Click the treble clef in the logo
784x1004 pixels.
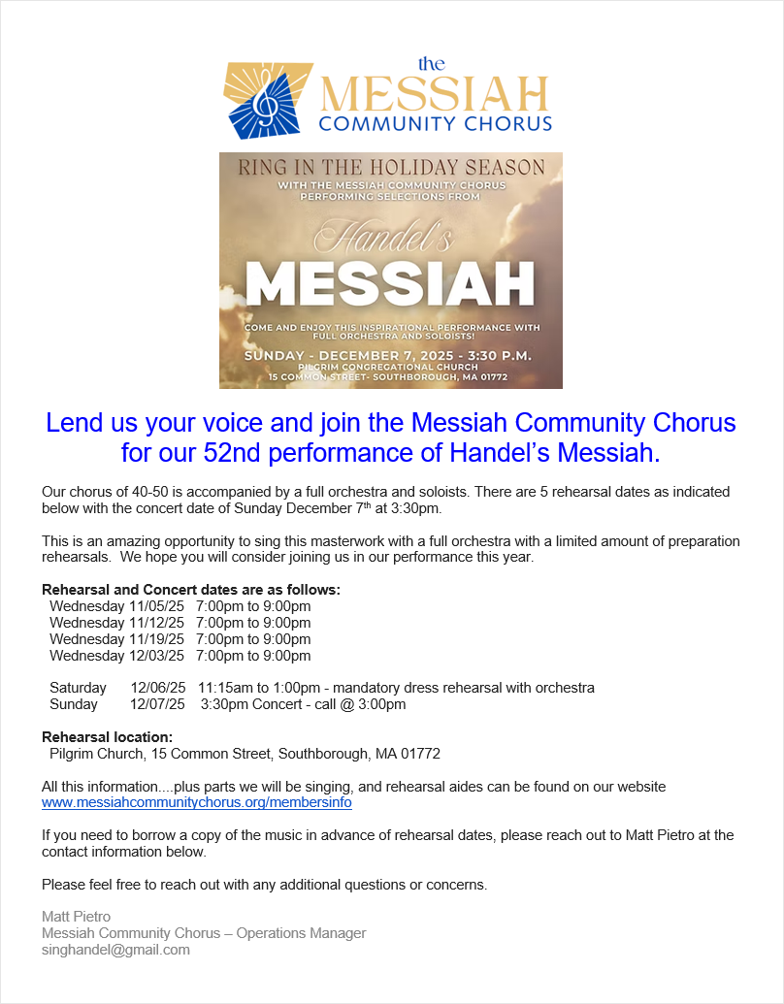click(264, 100)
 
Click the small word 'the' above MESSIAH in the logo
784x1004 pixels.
click(431, 64)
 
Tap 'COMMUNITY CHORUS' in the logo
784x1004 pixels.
click(435, 123)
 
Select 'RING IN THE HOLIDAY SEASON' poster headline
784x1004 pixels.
click(391, 167)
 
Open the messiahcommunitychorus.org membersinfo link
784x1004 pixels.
click(197, 802)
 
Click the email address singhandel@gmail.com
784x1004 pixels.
click(115, 950)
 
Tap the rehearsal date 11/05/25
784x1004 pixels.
click(156, 606)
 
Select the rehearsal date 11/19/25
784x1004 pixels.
click(156, 639)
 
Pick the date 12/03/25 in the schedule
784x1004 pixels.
click(156, 656)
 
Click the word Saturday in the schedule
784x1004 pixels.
click(79, 688)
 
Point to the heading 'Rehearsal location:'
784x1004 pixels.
click(107, 737)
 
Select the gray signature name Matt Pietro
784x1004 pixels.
click(76, 917)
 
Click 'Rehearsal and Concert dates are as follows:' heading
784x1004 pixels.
click(191, 590)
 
